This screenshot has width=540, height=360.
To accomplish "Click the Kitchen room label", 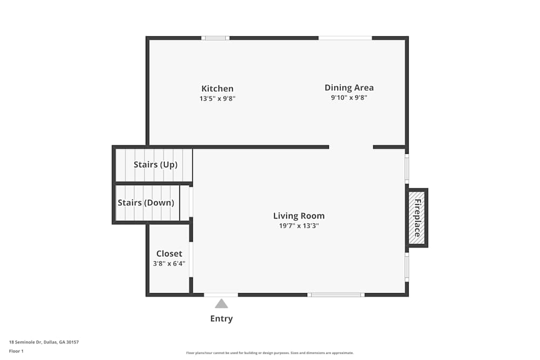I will (x=217, y=89).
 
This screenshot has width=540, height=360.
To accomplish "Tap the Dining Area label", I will (x=349, y=87).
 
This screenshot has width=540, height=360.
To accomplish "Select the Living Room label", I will (x=299, y=216).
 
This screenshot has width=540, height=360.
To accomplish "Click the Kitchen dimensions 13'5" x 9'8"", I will (x=217, y=99).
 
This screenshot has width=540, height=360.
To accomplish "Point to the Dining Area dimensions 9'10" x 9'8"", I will (x=349, y=98).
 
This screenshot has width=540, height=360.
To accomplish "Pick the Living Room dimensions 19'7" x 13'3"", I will (x=299, y=226).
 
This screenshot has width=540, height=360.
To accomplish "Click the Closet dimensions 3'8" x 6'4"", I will (x=169, y=264).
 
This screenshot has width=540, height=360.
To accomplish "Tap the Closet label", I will (x=169, y=254).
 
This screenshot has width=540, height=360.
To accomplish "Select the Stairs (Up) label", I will (x=156, y=165).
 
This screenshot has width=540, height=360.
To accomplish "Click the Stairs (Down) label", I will (x=146, y=203).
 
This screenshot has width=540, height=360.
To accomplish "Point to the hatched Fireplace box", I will (x=417, y=218).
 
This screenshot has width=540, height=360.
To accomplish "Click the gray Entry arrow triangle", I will (x=221, y=303).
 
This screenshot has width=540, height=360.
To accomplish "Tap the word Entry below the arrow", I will (x=221, y=319).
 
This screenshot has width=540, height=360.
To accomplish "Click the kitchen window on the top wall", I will (x=215, y=38).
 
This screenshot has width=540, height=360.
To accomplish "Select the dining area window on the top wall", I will (x=345, y=38).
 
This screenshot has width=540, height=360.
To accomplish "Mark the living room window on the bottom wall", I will (x=336, y=295).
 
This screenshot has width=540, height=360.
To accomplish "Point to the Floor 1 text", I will (x=16, y=351).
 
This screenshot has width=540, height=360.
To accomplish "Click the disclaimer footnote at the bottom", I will (x=269, y=353).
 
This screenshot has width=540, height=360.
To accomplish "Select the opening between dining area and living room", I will (x=351, y=147).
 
